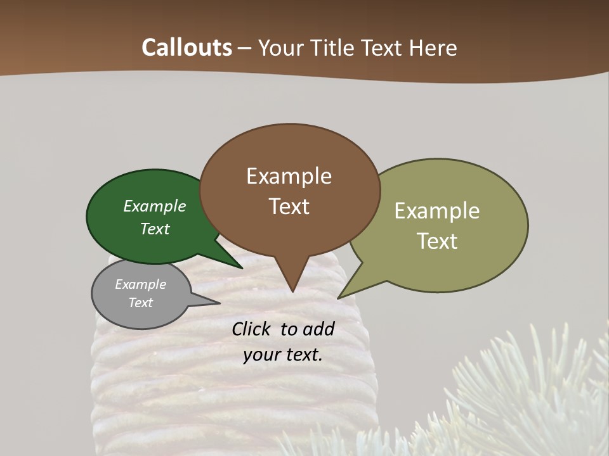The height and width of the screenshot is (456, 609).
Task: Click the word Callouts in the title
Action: pos(187,47)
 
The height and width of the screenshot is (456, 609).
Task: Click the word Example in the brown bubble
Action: pos(289,176)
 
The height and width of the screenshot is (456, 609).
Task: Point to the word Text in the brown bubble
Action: pos(289,206)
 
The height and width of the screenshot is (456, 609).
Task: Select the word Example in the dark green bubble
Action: pos(155,206)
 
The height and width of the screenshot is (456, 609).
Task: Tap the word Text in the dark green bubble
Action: pos(155,229)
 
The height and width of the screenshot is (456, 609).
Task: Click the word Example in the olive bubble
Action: pos(437,210)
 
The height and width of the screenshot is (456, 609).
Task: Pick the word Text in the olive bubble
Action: pos(437,241)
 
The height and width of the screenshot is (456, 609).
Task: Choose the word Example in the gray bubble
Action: pos(140,284)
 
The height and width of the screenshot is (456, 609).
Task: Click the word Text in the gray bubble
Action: pos(140,303)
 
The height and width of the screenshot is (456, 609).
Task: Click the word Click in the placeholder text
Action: pos(252,329)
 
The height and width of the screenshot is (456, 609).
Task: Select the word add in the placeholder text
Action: pos(319,329)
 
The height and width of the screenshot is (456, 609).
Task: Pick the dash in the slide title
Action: pos(246,48)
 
